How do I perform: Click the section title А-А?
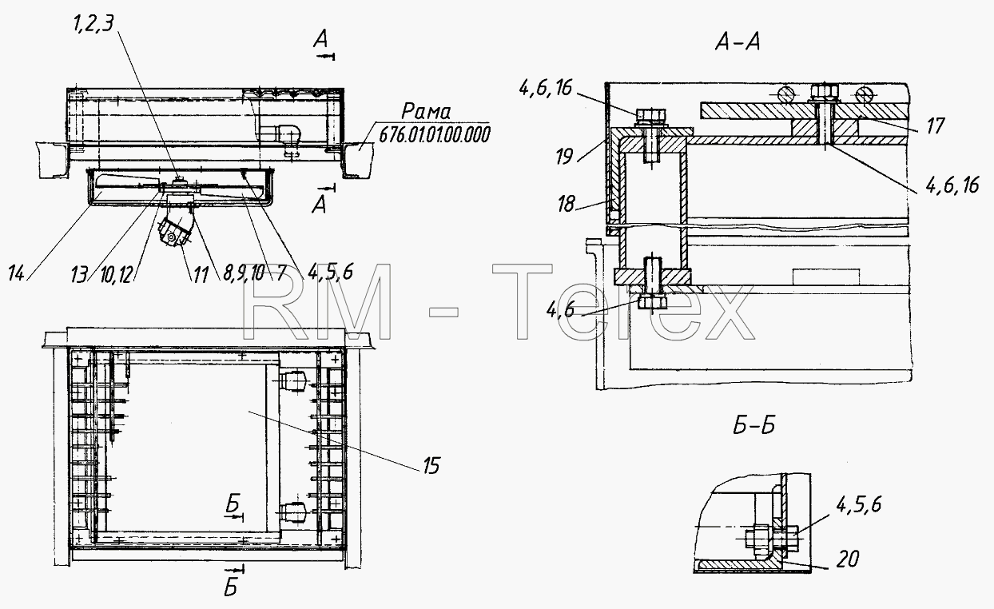[738, 42]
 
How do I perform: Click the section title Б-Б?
[754, 426]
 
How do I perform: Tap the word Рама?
[426, 112]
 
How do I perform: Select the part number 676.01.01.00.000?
[435, 134]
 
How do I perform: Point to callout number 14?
[17, 273]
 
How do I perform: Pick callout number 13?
[79, 274]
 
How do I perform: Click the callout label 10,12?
[117, 276]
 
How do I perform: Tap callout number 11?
[201, 275]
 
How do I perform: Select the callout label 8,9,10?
[244, 273]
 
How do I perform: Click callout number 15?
[431, 466]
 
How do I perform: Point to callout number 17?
[936, 125]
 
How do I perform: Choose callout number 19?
[564, 157]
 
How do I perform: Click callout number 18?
[567, 204]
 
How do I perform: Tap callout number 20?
[848, 559]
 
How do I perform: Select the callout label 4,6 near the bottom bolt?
[560, 310]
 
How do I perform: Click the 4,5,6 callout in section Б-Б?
[859, 504]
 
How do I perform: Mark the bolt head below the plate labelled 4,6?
[652, 302]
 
